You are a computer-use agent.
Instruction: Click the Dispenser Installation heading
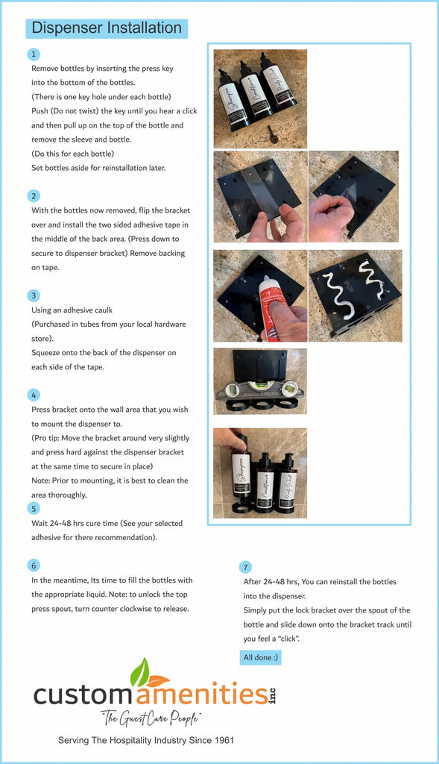(107, 28)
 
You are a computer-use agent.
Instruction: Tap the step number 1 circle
(34, 54)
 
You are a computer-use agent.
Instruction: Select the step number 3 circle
(34, 295)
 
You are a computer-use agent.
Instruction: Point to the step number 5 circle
(34, 509)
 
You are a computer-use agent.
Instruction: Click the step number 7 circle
(245, 567)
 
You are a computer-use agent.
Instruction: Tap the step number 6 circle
(34, 566)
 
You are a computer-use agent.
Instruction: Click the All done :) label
(260, 657)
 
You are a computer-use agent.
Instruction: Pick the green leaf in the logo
(139, 673)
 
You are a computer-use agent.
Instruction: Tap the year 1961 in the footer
(224, 740)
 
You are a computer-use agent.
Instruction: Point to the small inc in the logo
(272, 695)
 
